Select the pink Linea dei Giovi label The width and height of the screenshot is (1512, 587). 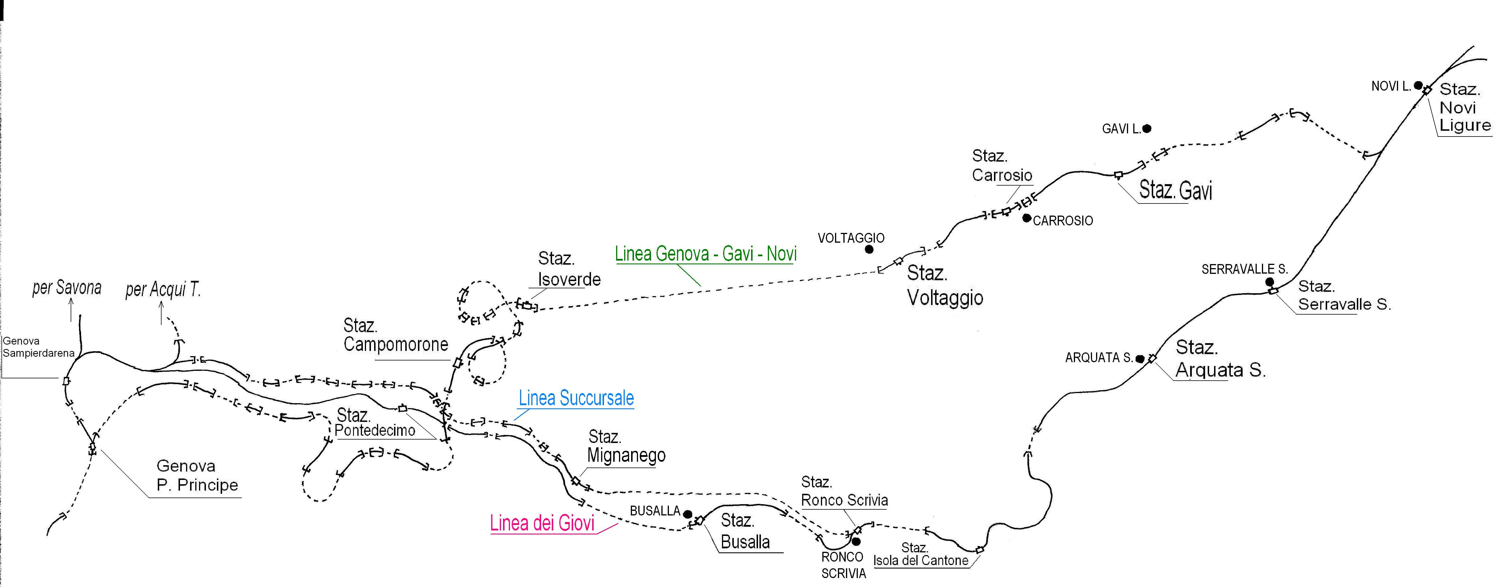542,523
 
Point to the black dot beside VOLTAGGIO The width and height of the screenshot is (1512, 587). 869,249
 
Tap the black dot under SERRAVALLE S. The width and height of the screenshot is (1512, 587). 1270,282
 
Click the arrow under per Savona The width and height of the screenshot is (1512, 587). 71,309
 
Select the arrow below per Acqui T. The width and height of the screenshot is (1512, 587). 161,312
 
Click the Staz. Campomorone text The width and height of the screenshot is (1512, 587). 396,335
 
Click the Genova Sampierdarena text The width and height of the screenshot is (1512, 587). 38,347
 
